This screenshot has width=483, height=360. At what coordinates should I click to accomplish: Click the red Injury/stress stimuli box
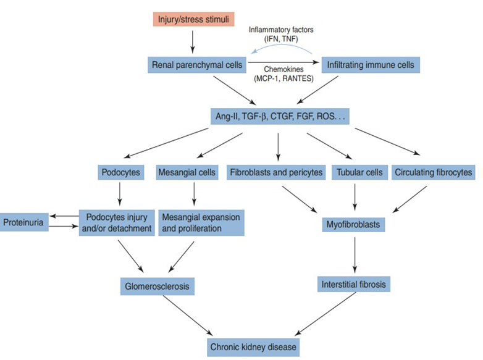pos(193,19)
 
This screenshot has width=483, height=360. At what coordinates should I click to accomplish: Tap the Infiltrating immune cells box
pos(371,64)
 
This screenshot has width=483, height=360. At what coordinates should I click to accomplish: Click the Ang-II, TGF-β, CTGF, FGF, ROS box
pos(280,117)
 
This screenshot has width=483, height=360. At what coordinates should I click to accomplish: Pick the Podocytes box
pos(119,172)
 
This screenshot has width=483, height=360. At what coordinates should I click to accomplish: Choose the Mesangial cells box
pos(187,172)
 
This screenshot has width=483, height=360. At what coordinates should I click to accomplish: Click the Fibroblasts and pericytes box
pos(275,172)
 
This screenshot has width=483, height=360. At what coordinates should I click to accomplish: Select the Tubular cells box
pos(358,172)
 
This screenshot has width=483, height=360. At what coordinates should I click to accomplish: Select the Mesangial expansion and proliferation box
pos(201,222)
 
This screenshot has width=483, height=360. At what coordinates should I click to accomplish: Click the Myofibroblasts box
pos(354,224)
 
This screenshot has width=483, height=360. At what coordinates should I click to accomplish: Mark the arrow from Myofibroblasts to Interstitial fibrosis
pos(355,253)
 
